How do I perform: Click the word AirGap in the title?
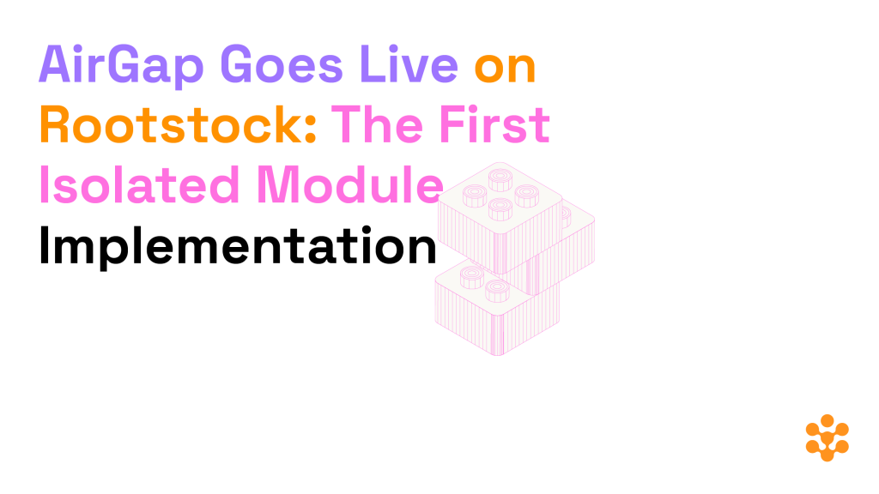[x=120, y=66]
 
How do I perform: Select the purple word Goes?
[x=282, y=64]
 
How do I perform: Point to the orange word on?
[x=505, y=69]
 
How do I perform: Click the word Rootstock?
[x=173, y=124]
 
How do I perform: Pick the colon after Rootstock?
[x=312, y=130]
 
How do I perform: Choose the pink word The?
[x=377, y=123]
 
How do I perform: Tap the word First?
[x=494, y=123]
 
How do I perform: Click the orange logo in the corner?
[x=827, y=437]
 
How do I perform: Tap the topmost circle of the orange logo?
[x=827, y=420]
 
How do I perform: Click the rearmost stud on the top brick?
[x=500, y=179]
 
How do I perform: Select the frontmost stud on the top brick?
[x=500, y=209]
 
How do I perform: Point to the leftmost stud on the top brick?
[x=475, y=195]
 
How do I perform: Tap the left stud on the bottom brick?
[x=472, y=276]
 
